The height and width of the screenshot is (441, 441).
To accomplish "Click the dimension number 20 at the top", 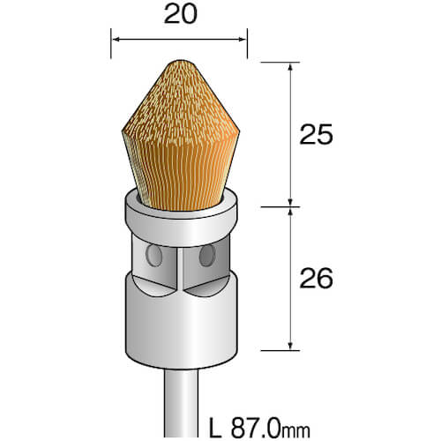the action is pos(181,14).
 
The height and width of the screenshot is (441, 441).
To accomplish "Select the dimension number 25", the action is pos(316,135).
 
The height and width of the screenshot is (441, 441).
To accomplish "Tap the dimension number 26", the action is pos(316,278).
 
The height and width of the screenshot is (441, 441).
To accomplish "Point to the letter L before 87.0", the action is pos(216,428).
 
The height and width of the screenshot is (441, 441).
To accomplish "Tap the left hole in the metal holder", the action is pos(154,256).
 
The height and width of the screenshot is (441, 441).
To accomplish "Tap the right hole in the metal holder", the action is pos(207,255).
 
